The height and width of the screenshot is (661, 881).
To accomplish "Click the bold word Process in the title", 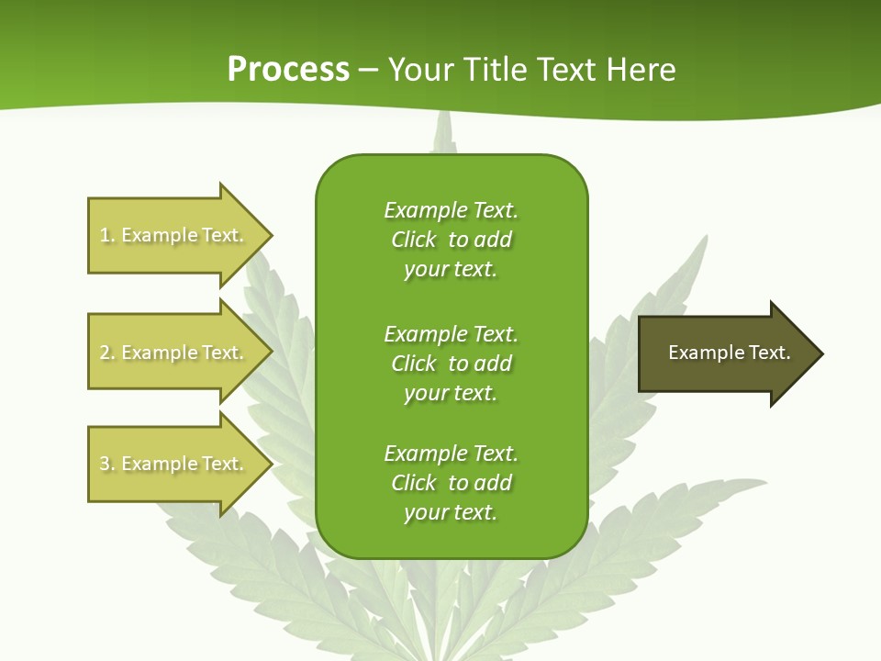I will coord(288,70).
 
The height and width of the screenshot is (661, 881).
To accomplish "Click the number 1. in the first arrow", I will coord(107,235).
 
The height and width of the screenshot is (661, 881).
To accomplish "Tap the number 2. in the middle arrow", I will coord(107,353).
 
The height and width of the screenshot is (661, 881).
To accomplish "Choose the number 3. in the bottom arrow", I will coord(107,464).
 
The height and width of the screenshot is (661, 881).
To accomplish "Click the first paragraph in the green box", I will coord(451,240).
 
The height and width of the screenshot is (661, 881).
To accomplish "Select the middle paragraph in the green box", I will coord(451,364).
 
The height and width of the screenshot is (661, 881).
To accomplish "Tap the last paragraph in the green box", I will coord(451,483).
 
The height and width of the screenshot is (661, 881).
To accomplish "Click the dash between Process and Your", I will coord(368,70).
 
